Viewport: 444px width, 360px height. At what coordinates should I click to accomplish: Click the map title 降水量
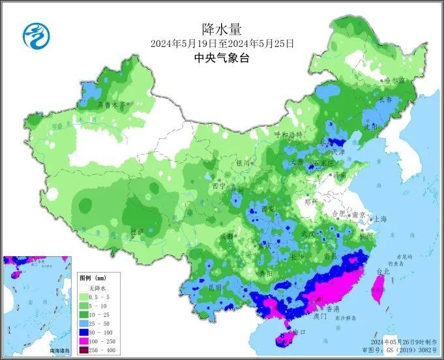coord(222,29)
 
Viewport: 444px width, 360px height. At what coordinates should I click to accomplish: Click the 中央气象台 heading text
coord(222,58)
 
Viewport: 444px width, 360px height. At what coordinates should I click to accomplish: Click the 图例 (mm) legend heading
coord(93,278)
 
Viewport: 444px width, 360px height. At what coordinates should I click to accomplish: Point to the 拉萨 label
coord(136,232)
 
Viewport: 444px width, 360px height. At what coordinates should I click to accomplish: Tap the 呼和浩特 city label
coord(288,134)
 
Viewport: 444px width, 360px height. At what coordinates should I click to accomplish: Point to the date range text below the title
coord(222,44)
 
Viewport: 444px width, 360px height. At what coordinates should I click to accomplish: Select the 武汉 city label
coord(308,233)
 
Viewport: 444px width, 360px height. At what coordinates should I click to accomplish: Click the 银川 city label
coord(243,163)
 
